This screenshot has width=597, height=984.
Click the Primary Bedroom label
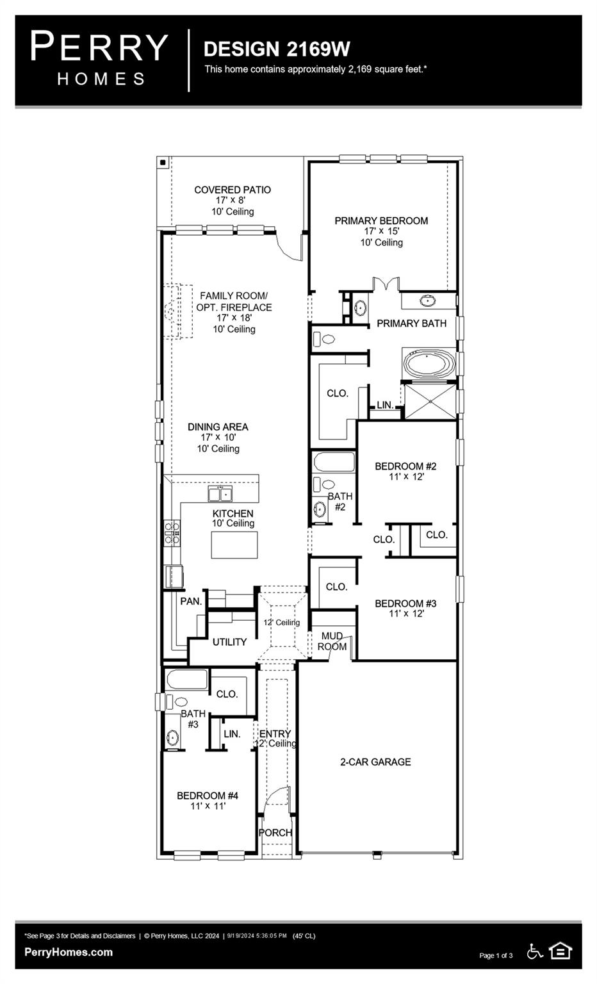(x=381, y=221)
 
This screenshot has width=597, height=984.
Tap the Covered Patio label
(x=233, y=190)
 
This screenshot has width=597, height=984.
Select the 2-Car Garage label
(x=375, y=762)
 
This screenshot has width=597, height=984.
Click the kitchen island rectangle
(x=234, y=545)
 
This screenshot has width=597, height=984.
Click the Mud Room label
(x=332, y=641)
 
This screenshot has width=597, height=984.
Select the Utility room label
(x=229, y=642)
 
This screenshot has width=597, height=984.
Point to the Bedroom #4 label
(x=208, y=796)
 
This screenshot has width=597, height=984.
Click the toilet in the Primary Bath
(x=325, y=338)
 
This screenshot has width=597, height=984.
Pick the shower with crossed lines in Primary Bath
(x=429, y=401)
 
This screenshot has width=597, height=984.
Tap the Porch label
(x=275, y=833)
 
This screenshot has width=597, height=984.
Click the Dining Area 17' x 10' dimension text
(x=218, y=438)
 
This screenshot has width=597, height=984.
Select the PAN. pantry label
(x=191, y=601)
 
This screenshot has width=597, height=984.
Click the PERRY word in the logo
(x=99, y=48)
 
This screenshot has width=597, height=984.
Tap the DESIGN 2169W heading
(x=277, y=49)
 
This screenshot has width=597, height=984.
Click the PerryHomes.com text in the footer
(x=69, y=952)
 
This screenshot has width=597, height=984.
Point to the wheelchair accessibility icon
(x=534, y=951)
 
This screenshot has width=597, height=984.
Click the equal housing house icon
(x=560, y=951)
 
